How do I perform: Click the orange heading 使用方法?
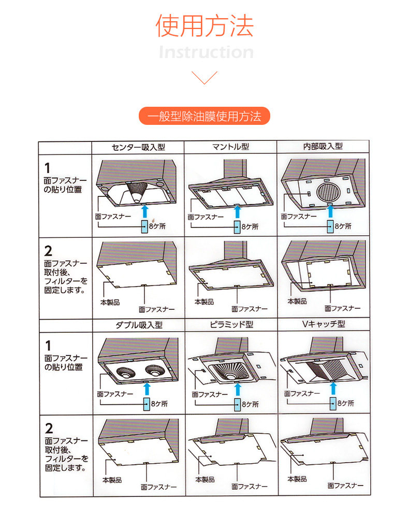[204, 26]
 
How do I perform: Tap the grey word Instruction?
[206, 52]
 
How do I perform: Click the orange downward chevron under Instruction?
[204, 78]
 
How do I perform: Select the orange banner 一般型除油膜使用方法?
[204, 116]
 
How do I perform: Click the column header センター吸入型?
[138, 147]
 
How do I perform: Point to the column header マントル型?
[230, 147]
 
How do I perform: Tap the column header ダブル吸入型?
[138, 325]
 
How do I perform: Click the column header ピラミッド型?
[231, 325]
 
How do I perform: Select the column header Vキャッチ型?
[324, 325]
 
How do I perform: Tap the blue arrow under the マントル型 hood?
[238, 211]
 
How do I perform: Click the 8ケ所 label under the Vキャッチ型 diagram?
[345, 403]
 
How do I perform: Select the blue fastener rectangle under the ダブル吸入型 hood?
[146, 403]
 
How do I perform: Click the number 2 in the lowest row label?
[49, 429]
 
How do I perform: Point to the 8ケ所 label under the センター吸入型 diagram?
[157, 226]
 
